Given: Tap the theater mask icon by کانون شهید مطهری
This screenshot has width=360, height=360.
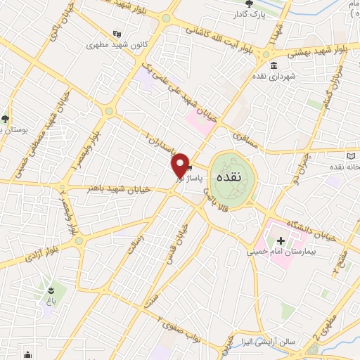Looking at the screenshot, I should (x=117, y=32).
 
